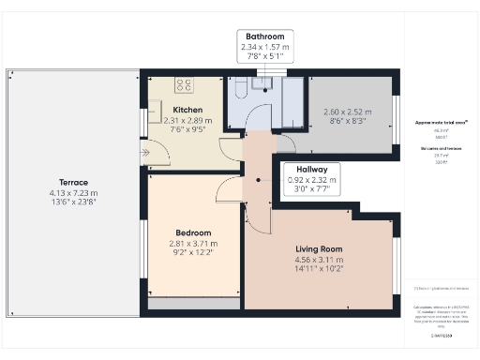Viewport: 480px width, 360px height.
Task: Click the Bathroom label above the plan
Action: pos(265,37)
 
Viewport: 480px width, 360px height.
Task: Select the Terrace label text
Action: pos(73,182)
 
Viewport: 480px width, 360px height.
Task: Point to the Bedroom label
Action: pos(194,232)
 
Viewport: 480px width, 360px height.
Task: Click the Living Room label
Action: pos(319,249)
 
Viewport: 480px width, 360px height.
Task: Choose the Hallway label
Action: pos(309,169)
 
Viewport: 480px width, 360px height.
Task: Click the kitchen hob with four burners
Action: pos(183,84)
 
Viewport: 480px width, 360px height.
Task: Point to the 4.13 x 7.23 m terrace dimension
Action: pos(73,192)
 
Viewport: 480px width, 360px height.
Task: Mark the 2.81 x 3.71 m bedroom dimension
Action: pos(194,243)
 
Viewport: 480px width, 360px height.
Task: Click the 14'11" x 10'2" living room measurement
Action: pos(319,269)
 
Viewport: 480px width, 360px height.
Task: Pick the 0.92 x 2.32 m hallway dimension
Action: pos(309,179)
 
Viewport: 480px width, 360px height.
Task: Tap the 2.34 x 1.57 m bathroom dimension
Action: pos(265,47)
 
